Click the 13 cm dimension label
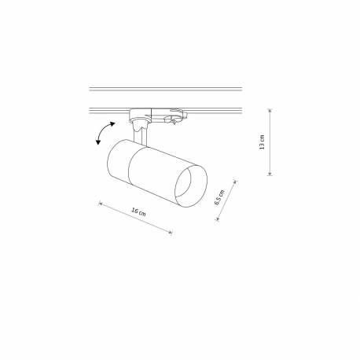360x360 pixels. [x=262, y=142]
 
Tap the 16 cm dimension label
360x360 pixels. [x=138, y=211]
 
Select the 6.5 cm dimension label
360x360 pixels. [x=219, y=197]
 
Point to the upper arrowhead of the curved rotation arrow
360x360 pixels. [x=113, y=124]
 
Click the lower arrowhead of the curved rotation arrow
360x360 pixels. [x=98, y=142]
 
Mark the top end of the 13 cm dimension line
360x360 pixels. [x=270, y=109]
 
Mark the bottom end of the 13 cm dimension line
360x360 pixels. [x=270, y=175]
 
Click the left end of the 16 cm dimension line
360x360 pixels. [x=99, y=203]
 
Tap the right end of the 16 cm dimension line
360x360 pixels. [x=171, y=233]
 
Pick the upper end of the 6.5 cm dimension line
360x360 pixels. [x=236, y=181]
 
